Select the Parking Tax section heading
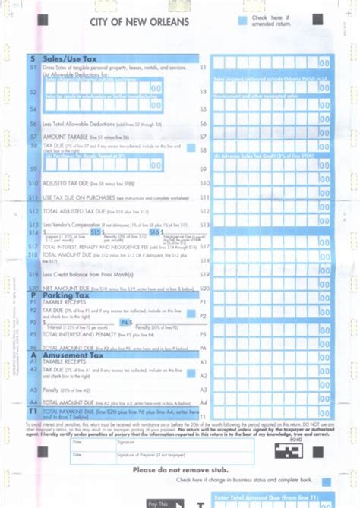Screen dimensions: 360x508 66,295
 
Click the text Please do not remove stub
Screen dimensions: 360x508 179,469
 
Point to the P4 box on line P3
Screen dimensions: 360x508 126,322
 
